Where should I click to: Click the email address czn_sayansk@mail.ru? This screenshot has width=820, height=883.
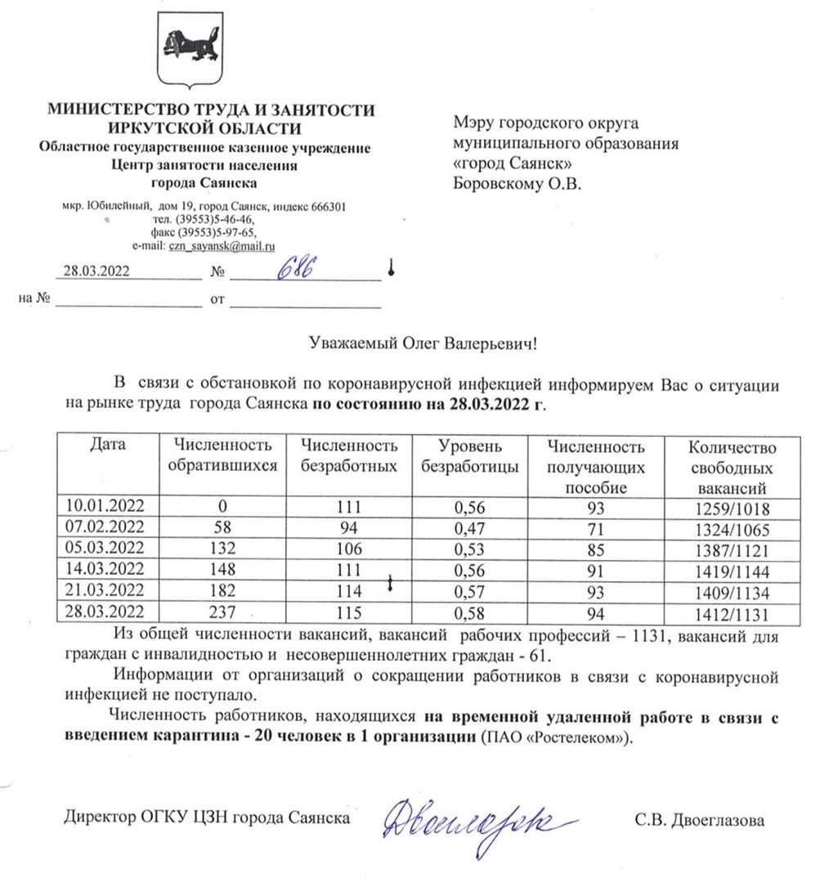click(221, 244)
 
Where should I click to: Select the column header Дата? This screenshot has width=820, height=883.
click(108, 446)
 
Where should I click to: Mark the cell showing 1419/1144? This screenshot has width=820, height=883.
click(733, 569)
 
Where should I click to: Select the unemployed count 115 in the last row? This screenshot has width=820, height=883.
click(349, 612)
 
